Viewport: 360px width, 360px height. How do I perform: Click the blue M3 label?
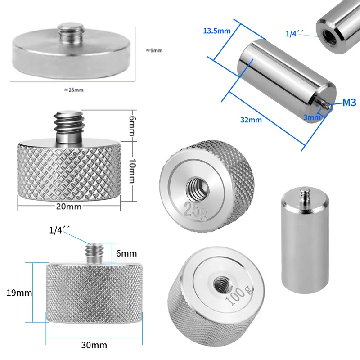coord(349,103)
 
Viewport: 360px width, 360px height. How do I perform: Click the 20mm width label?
coord(69,206)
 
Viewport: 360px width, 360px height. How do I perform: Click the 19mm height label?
coord(19,292)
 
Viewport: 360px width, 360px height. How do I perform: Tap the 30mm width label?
coord(94,345)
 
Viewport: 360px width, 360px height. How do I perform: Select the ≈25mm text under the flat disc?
coord(74,90)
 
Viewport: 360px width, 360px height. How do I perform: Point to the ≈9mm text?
coord(154,50)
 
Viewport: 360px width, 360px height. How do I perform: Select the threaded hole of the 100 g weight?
coord(221,283)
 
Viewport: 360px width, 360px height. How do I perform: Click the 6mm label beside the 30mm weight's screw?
coord(126,254)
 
